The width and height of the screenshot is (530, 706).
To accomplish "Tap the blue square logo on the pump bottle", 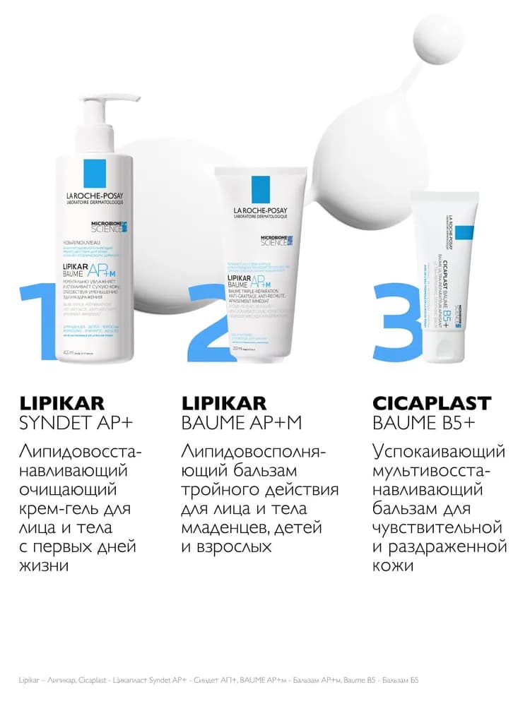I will [x=95, y=172].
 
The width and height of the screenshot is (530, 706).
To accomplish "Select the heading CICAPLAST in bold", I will [x=431, y=403].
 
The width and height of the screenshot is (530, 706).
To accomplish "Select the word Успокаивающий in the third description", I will [x=438, y=451].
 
